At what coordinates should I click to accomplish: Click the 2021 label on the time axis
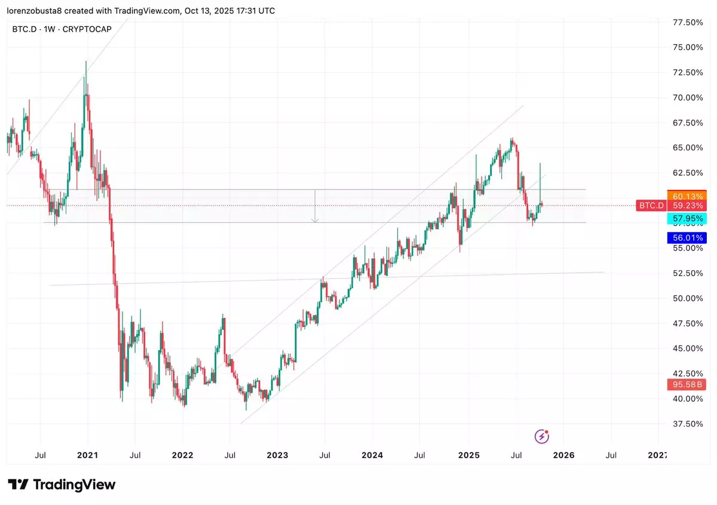[88, 455]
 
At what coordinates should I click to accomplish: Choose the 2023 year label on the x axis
[277, 455]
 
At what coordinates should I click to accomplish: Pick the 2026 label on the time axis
[563, 455]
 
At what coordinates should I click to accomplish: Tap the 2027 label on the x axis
[658, 455]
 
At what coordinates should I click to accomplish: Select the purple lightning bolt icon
[542, 436]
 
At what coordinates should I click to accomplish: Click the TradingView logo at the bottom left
[62, 485]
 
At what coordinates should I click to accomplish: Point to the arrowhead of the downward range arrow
[315, 221]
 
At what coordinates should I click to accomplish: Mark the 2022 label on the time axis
[182, 455]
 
